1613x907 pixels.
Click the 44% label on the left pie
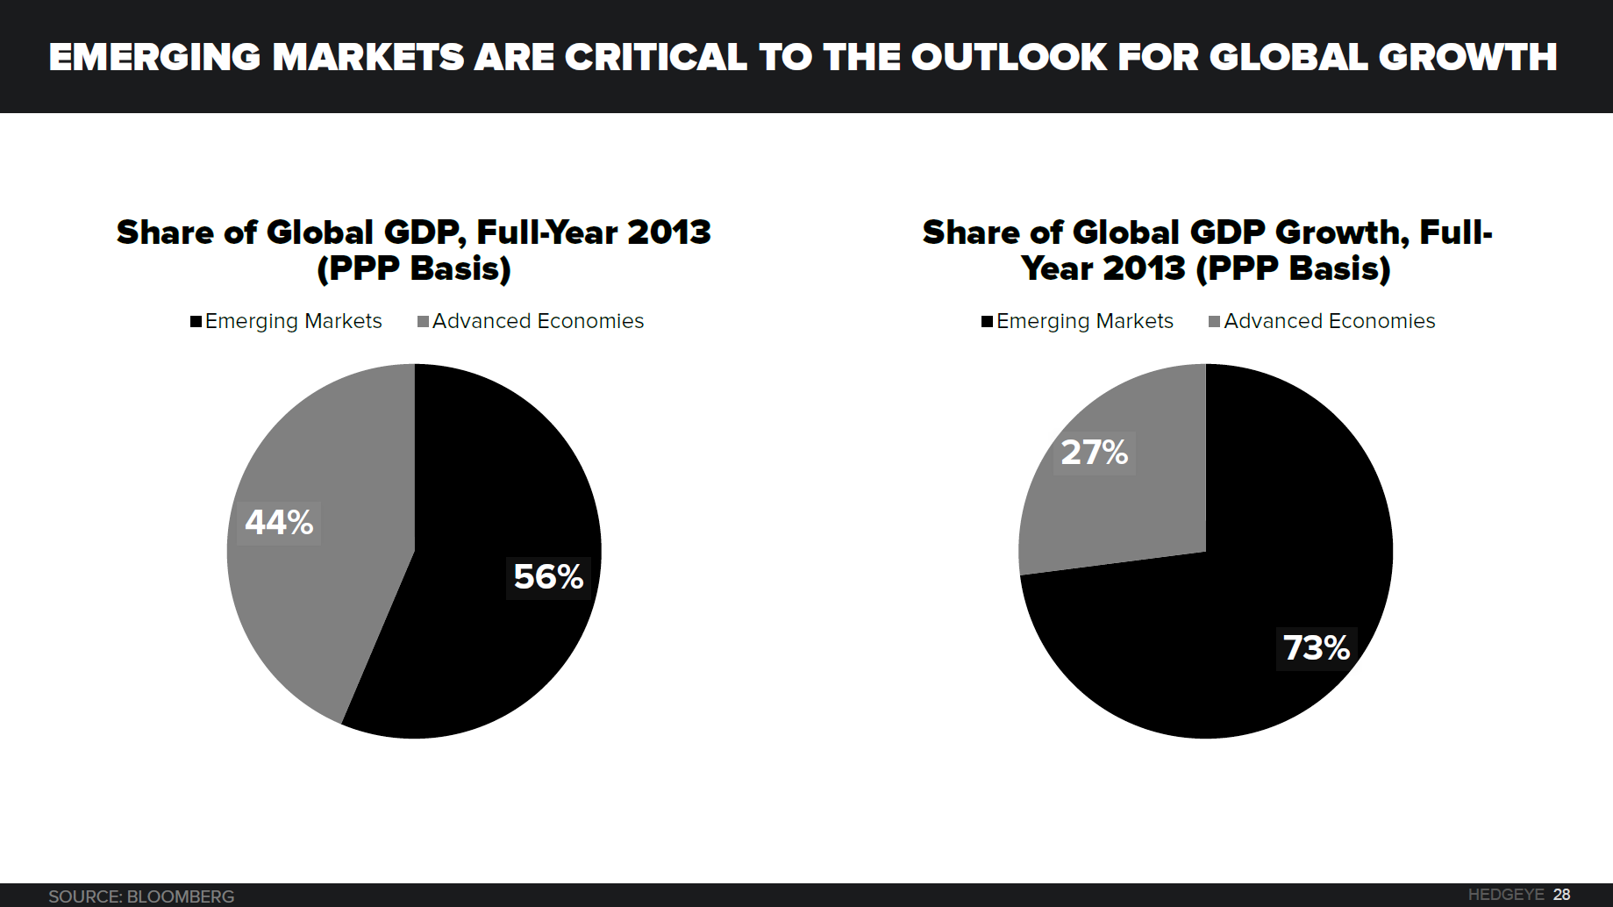tap(279, 523)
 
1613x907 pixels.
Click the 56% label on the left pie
tap(548, 577)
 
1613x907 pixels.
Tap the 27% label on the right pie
tap(1094, 453)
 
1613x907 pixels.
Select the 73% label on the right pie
tap(1316, 648)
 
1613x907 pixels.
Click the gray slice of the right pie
tap(1131, 518)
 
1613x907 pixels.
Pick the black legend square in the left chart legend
tap(196, 322)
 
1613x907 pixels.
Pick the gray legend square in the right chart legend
tap(1215, 322)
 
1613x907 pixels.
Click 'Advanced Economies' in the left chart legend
tap(538, 321)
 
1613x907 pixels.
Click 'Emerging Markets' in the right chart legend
tap(1085, 321)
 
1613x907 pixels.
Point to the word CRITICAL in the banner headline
tap(655, 58)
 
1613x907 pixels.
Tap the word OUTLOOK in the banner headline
tap(1009, 58)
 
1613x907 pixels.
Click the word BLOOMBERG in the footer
tap(181, 896)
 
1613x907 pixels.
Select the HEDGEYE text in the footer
tap(1505, 895)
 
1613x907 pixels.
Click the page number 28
tap(1561, 895)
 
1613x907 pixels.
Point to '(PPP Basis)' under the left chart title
tap(414, 268)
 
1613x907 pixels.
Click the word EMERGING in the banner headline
tap(154, 58)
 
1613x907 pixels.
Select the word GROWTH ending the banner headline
tap(1467, 58)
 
